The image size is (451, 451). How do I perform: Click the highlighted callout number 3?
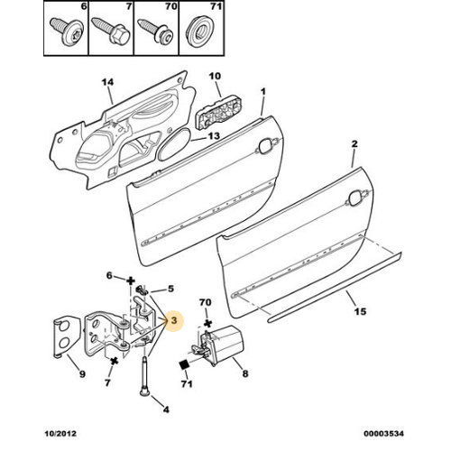174,320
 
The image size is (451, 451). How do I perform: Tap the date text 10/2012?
60,434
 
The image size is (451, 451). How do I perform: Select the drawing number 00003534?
383,434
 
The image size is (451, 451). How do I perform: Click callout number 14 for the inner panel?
107,82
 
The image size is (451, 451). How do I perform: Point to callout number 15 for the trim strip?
360,311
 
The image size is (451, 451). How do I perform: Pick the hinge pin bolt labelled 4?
144,376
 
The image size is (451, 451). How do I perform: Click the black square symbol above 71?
184,364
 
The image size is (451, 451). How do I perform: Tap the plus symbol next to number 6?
130,281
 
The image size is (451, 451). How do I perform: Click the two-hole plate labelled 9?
67,336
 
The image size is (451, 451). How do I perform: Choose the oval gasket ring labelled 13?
174,145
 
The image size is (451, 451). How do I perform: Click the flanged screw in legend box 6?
67,32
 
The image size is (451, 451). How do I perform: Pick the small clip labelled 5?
143,290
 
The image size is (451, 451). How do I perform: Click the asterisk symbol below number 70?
207,324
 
